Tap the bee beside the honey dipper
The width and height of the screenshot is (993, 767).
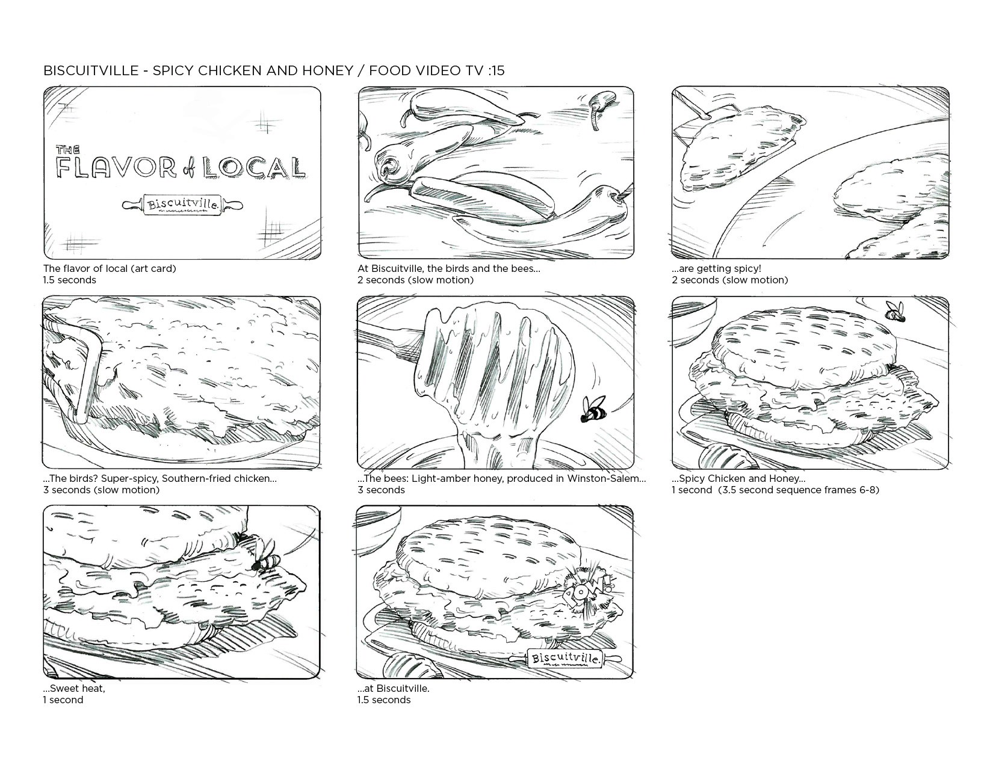point(593,409)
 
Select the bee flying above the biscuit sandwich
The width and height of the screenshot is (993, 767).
point(896,312)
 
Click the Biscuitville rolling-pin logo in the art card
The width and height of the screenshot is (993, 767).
point(182,205)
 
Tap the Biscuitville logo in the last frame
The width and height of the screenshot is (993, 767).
point(566,658)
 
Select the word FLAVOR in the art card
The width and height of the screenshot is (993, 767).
point(116,167)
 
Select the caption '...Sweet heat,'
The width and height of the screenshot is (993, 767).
point(74,688)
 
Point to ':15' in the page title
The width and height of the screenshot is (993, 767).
point(495,70)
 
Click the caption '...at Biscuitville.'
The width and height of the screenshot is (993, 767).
point(394,688)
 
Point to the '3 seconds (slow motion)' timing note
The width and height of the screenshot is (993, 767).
point(101,490)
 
